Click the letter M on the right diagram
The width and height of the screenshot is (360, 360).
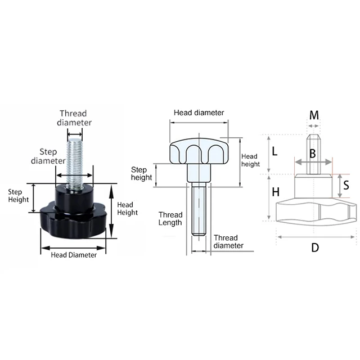tap(314, 115)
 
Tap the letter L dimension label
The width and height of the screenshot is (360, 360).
tap(275, 151)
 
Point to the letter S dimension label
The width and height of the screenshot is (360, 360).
tap(346, 184)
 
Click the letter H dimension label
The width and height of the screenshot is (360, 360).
tap(276, 192)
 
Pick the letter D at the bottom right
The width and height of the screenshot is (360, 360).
tap(315, 247)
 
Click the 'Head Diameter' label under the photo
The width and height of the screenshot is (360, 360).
tap(74, 254)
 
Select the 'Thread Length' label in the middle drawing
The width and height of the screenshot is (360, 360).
tap(170, 218)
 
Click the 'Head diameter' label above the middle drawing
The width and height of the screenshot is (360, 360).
tap(199, 112)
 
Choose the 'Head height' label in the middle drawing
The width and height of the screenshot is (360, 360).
tap(250, 160)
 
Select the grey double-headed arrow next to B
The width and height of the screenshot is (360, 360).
tap(313, 163)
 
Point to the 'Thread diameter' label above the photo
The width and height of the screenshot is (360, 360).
tap(76, 117)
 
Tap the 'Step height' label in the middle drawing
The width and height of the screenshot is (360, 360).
tap(142, 173)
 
